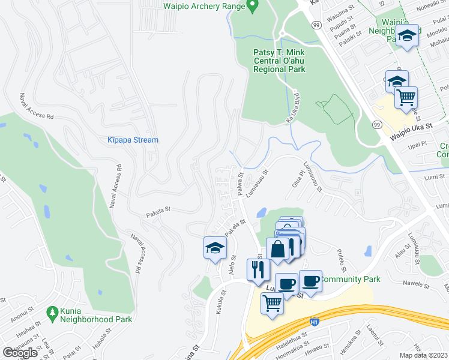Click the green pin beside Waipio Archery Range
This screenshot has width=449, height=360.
(253, 6)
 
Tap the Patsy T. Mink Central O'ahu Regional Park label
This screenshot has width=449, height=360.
(279, 61)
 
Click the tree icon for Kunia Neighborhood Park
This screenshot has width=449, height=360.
(52, 313)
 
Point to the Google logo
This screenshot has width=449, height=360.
(20, 352)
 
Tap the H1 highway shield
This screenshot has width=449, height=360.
(314, 322)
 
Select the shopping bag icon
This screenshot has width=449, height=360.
(278, 249)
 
